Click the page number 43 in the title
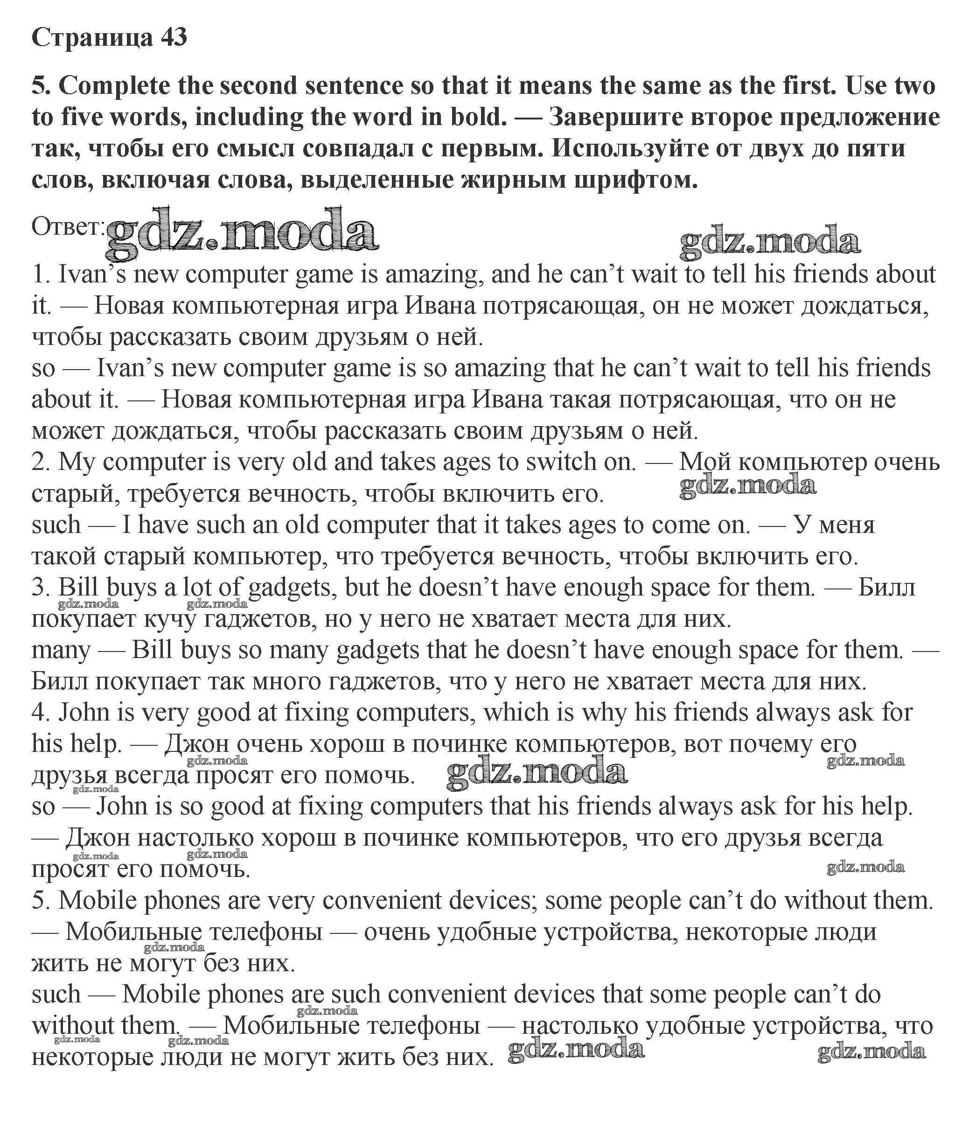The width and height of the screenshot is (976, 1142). [x=173, y=37]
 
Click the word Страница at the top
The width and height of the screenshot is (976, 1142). [x=92, y=37]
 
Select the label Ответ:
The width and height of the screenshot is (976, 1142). [x=67, y=226]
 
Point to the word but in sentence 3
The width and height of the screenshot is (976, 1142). [x=361, y=587]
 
